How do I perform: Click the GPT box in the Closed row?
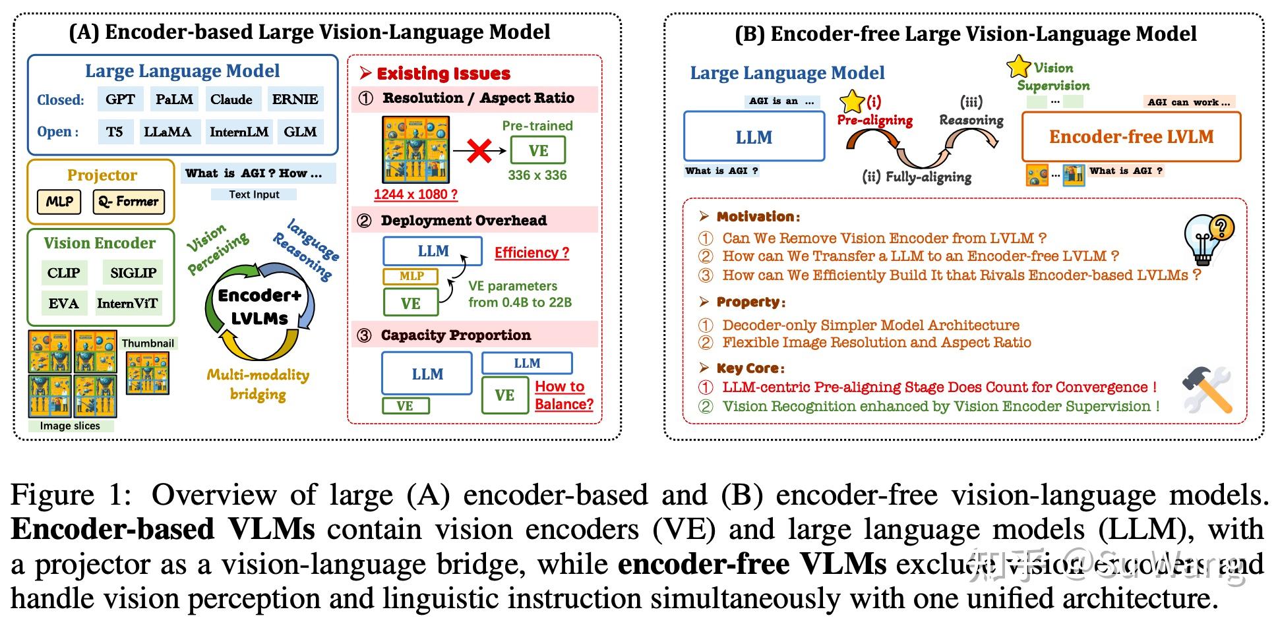tap(120, 99)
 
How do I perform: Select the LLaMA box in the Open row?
tap(167, 132)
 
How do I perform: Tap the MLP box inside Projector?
tap(59, 202)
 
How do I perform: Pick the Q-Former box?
tap(129, 202)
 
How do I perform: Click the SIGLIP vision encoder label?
tap(133, 273)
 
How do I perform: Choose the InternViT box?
tap(127, 304)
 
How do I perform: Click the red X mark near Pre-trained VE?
tap(479, 152)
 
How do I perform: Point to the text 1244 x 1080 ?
tap(415, 194)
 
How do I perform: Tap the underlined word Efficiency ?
tap(532, 253)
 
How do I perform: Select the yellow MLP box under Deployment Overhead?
tap(411, 276)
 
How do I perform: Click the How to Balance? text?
tap(564, 395)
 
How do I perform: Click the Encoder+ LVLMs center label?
tap(260, 307)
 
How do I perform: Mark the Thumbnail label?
tap(148, 343)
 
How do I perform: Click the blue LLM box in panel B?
tap(754, 137)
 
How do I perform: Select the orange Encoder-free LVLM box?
tap(1131, 137)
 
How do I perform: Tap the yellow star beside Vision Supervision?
tap(1018, 66)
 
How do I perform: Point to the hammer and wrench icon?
tap(1207, 389)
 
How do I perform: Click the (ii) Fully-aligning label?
tap(917, 177)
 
